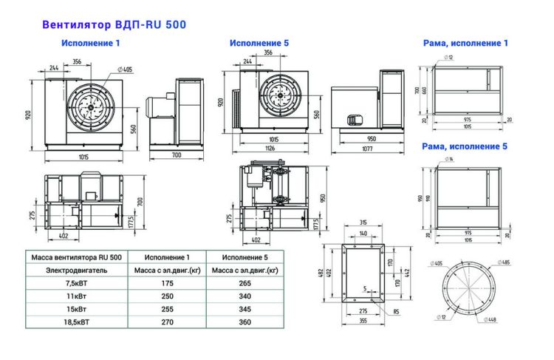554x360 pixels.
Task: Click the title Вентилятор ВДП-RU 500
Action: (114, 24)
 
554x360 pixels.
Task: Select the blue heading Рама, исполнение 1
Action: (465, 44)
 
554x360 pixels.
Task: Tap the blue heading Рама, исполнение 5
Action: (465, 146)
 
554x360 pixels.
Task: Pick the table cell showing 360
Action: (244, 322)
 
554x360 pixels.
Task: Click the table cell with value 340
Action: (244, 296)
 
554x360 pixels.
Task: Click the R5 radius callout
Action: (397, 311)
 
